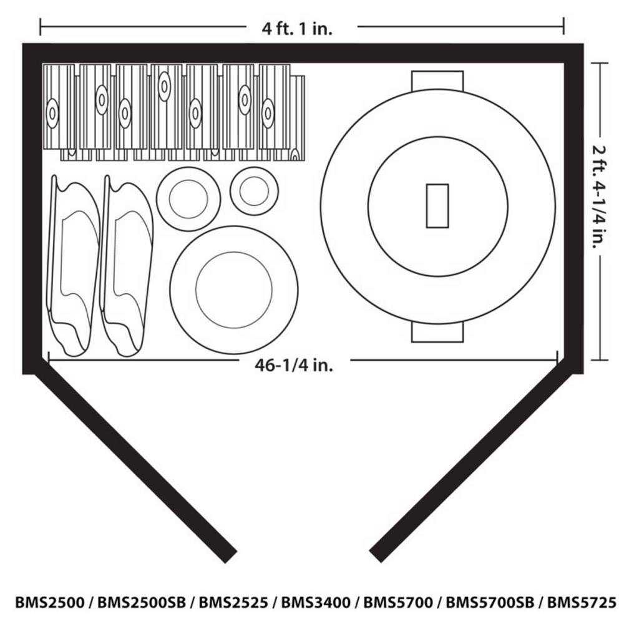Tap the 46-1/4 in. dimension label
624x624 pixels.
(x=293, y=365)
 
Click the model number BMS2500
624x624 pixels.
(x=50, y=603)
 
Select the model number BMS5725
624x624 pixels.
(x=582, y=603)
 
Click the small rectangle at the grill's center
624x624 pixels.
(x=437, y=206)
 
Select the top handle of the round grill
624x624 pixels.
(x=437, y=80)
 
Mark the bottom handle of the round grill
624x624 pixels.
(x=437, y=333)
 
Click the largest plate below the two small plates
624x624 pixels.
(x=233, y=290)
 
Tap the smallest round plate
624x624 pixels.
(x=254, y=191)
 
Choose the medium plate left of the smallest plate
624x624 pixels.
(x=188, y=198)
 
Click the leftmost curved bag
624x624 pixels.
(x=73, y=265)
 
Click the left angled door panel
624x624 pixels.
(x=134, y=465)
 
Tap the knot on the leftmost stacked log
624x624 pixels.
(x=52, y=114)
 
